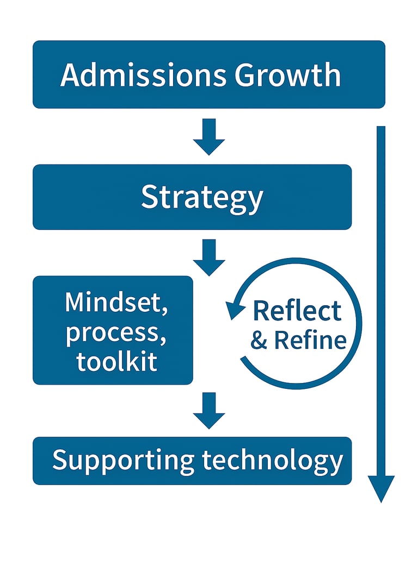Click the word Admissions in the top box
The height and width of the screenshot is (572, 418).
click(143, 75)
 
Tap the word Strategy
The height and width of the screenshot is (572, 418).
click(202, 198)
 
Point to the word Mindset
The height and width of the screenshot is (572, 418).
click(114, 303)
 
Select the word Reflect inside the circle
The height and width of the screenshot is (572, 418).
click(297, 311)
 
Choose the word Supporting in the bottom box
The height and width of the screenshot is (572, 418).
click(123, 461)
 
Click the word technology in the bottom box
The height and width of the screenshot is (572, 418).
click(272, 461)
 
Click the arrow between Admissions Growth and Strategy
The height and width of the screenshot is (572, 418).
click(209, 137)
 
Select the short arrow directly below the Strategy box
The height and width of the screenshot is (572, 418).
click(209, 257)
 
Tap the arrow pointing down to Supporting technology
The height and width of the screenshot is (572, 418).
click(209, 411)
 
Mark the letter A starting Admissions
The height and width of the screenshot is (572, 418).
click(70, 75)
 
